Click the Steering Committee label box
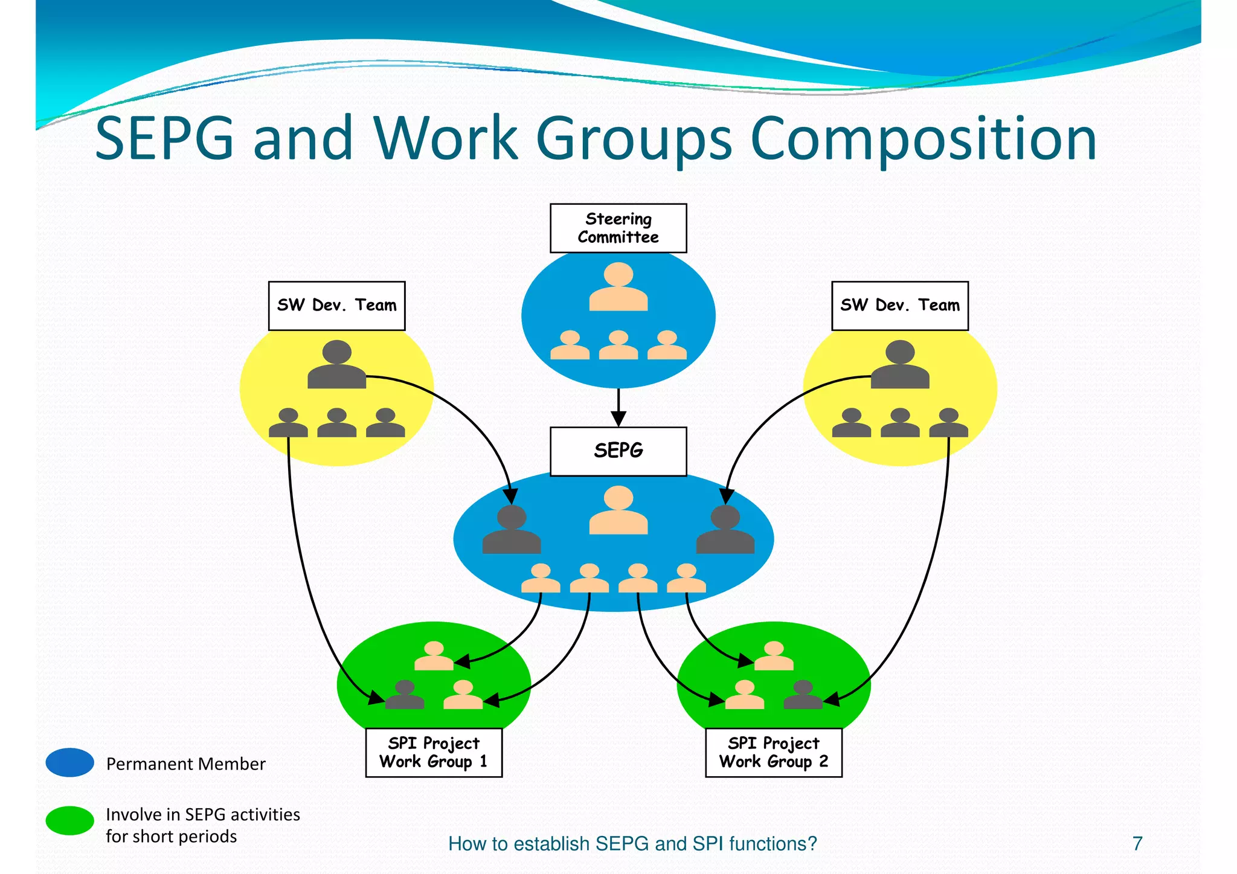coord(618,228)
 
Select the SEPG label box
coord(618,451)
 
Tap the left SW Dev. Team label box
coord(336,306)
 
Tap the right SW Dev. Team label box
coord(899,306)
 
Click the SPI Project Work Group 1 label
coord(434,753)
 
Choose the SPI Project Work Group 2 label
coord(773,753)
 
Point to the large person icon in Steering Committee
coord(618,288)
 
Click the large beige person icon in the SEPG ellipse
coord(618,511)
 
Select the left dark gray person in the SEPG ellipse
coord(511,530)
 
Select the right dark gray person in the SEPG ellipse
coord(725,530)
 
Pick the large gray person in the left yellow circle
coord(336,365)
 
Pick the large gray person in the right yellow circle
coord(899,365)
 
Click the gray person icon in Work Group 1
coord(404,695)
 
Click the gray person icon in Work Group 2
coord(803,695)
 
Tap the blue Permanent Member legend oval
coord(70,762)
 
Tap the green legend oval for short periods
coord(70,821)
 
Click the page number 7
coord(1137,843)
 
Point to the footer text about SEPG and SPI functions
coord(632,843)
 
